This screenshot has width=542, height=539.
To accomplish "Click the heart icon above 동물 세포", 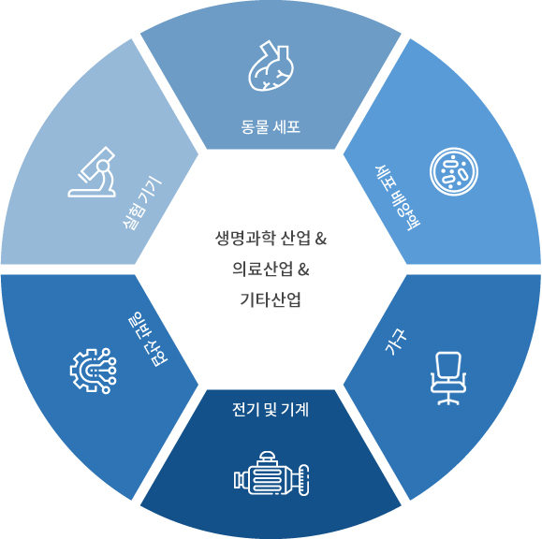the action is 271,66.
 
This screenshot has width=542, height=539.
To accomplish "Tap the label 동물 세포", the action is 271,127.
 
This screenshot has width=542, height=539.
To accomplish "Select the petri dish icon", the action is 454,172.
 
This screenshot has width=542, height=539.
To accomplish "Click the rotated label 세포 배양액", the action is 398,197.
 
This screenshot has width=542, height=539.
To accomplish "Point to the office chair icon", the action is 448,378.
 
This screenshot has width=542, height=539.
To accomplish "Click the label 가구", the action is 396,342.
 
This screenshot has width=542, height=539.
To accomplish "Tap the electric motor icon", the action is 271,473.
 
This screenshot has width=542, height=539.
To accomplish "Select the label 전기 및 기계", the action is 271,410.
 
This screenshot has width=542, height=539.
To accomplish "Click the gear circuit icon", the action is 94,371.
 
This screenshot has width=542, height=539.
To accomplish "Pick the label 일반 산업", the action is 148,340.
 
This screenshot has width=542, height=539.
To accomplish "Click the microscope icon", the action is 92,172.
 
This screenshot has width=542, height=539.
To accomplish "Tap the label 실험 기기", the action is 141,203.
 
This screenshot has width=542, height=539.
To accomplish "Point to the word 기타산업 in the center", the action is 271,299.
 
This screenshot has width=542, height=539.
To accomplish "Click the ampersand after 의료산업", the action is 303,269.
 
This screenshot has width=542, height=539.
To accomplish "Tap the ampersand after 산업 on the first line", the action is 321,239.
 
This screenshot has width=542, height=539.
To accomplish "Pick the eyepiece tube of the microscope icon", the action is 97,163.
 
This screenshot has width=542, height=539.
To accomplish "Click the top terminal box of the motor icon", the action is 268,457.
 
